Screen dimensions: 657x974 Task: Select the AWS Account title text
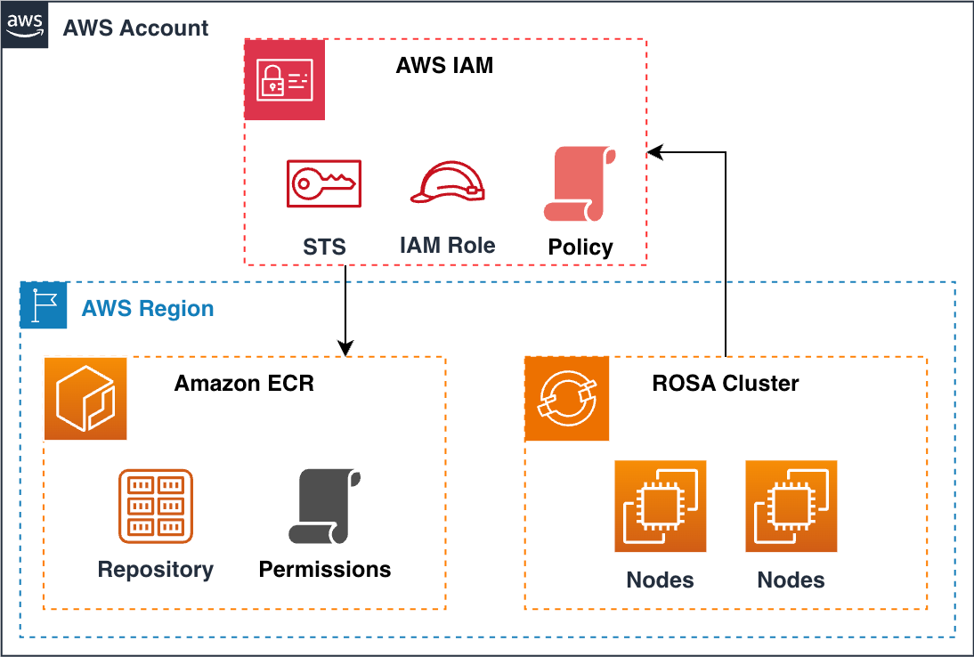(x=135, y=28)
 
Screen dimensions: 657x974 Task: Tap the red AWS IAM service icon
(x=285, y=79)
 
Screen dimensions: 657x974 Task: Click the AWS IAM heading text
(x=444, y=66)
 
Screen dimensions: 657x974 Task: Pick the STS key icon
(x=324, y=183)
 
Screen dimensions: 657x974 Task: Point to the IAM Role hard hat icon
(x=448, y=183)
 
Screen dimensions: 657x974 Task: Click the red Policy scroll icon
(x=580, y=184)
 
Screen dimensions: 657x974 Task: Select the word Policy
(x=580, y=247)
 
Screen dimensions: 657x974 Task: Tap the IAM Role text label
(x=447, y=245)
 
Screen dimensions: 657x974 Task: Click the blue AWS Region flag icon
(x=44, y=305)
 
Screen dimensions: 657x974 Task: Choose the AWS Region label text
(x=148, y=309)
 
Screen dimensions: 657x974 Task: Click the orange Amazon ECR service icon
(x=85, y=398)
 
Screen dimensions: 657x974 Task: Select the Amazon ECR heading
(x=244, y=384)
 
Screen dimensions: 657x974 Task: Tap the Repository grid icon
(x=156, y=506)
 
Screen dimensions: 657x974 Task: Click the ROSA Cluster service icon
(x=566, y=398)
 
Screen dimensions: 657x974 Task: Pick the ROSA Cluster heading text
(x=726, y=384)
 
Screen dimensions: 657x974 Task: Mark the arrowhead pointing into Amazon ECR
(x=345, y=348)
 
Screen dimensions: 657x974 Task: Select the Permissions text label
(x=324, y=569)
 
